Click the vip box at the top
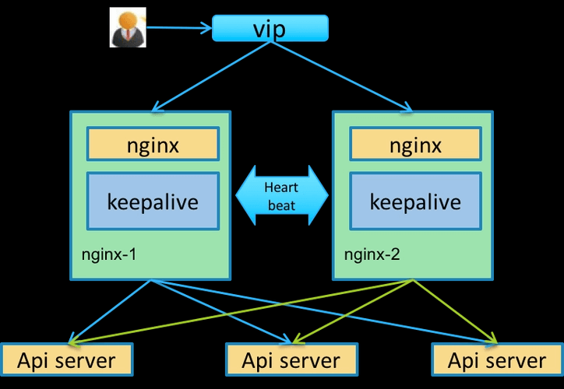coord(270,29)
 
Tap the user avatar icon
coord(128,30)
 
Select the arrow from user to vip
coord(179,29)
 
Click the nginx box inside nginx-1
coord(153,145)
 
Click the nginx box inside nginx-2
coord(415,145)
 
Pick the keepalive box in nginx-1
coord(153,202)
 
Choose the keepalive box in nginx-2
coord(415,202)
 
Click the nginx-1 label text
coord(110,254)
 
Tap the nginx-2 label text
coord(372,254)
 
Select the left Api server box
coord(66,360)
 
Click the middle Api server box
coord(291,360)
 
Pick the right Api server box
coord(497,360)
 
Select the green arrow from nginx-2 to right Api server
coord(456,311)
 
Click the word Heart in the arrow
coord(281,187)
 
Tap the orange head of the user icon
coord(128,21)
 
